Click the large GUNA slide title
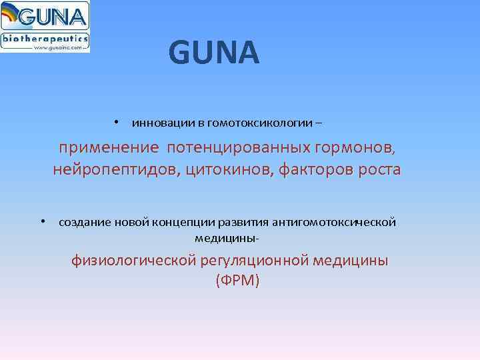pyautogui.click(x=213, y=53)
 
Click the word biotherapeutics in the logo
pyautogui.click(x=45, y=39)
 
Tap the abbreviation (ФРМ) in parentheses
pyautogui.click(x=237, y=281)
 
